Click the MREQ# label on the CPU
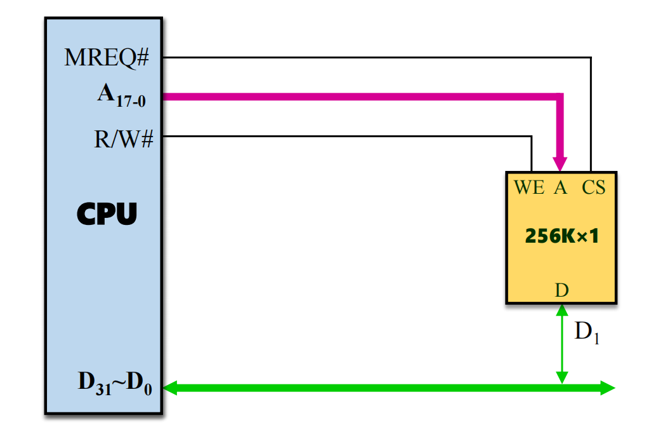click(107, 58)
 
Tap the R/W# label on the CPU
click(124, 139)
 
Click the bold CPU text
click(107, 215)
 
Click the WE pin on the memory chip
click(529, 187)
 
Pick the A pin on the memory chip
click(560, 187)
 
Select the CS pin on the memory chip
click(593, 187)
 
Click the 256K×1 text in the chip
click(562, 236)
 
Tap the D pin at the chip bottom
click(562, 290)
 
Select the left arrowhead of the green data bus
click(169, 387)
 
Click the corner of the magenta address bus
click(560, 97)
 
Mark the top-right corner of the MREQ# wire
click(591, 57)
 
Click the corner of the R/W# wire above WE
click(531, 136)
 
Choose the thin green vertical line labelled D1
click(562, 346)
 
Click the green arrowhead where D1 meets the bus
click(562, 379)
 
